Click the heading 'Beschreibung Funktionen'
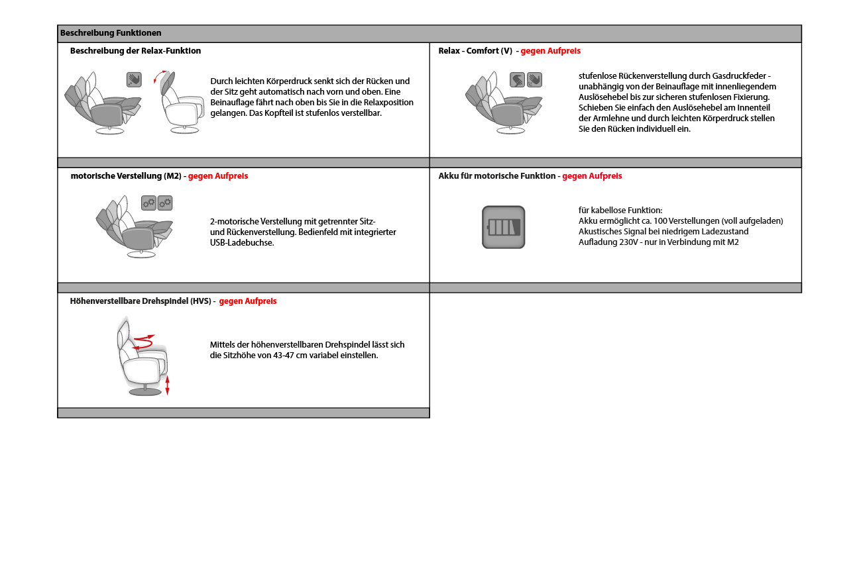click(111, 33)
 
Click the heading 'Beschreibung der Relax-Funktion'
click(135, 51)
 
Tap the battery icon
click(503, 227)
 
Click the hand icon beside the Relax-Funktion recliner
click(135, 79)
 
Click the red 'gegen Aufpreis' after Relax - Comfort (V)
click(550, 51)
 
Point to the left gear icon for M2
click(148, 203)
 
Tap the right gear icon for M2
click(165, 203)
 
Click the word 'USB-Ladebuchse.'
click(242, 243)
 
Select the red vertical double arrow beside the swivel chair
click(167, 385)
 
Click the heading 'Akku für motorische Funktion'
click(497, 176)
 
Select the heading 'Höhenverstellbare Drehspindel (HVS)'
click(140, 301)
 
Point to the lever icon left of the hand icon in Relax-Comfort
click(518, 80)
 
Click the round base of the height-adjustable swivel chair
click(145, 391)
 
